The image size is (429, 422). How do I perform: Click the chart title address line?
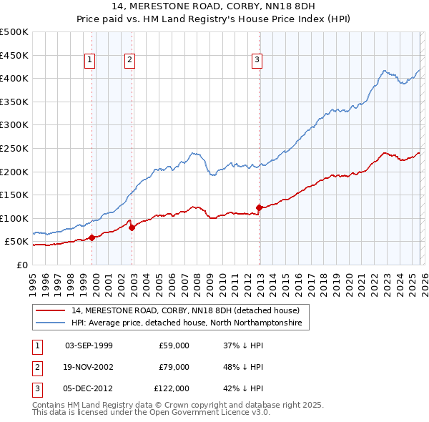214,6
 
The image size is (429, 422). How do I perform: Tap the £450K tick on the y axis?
14,55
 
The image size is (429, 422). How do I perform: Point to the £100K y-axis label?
14,218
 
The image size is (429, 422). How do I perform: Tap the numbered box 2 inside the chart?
129,61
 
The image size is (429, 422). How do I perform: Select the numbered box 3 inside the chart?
256,61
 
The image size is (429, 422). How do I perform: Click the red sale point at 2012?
259,208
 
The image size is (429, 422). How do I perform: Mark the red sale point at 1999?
92,237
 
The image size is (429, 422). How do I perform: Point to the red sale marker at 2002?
132,228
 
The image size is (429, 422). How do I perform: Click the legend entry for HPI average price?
186,323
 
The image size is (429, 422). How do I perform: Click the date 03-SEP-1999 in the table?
89,345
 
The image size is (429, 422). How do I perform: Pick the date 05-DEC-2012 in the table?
89,388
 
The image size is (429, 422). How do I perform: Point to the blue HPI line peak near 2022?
385,70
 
